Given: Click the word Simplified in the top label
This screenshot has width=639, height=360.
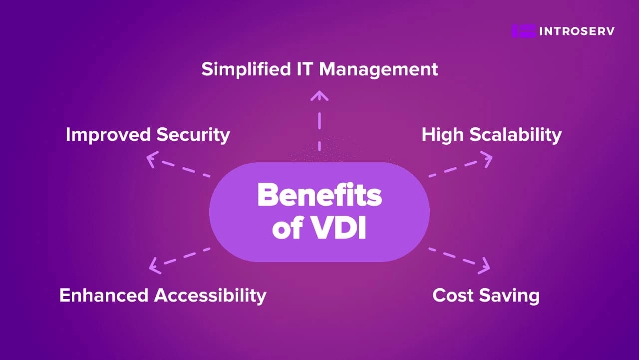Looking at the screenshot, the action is pyautogui.click(x=246, y=69).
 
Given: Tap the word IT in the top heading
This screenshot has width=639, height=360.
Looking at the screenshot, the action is pyautogui.click(x=305, y=69).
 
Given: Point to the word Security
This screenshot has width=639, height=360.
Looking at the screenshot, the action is pyautogui.click(x=193, y=135).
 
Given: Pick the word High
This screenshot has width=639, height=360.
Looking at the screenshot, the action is pyautogui.click(x=442, y=135).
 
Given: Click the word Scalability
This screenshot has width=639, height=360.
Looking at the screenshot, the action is pyautogui.click(x=516, y=135).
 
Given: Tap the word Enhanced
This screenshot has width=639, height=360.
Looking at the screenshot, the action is pyautogui.click(x=104, y=295).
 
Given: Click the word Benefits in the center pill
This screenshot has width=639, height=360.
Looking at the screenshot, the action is pyautogui.click(x=319, y=195).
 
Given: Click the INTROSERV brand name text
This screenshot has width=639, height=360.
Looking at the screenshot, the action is pyautogui.click(x=577, y=31).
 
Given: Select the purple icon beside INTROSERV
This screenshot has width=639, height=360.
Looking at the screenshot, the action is pyautogui.click(x=524, y=31).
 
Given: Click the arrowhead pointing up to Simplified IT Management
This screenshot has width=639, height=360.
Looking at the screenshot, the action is pyautogui.click(x=319, y=95).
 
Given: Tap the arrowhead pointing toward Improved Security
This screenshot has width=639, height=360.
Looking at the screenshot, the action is pyautogui.click(x=152, y=159).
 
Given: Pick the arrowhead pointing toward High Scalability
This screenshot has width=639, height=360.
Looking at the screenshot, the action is pyautogui.click(x=487, y=159).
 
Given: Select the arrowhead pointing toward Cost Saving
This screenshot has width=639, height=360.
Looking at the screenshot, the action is pyautogui.click(x=485, y=266).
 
